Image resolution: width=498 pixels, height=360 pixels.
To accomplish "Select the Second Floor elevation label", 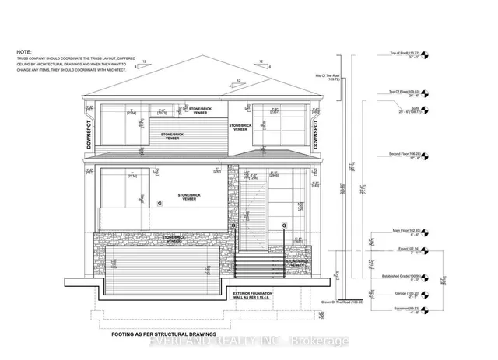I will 406,155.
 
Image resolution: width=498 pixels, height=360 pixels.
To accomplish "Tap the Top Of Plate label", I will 405,90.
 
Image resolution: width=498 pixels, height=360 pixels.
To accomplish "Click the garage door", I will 161,266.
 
